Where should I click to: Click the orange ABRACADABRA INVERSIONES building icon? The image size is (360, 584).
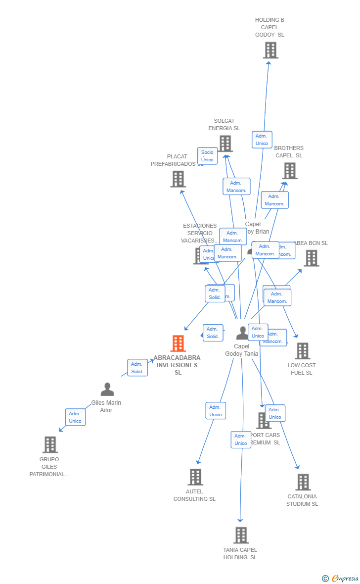178,343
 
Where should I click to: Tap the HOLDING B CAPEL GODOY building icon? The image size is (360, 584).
270,50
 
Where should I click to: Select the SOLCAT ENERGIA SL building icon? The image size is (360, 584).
225,144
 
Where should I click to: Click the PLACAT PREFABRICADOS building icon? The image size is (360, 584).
178,179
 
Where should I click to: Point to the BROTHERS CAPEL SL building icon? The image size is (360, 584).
290,171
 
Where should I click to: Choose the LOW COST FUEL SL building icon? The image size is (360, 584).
302,351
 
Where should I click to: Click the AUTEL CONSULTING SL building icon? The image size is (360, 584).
195,477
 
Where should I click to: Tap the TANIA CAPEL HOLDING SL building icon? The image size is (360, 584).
241,535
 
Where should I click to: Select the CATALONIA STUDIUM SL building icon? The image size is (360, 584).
303,482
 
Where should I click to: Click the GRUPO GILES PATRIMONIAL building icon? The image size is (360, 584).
50,444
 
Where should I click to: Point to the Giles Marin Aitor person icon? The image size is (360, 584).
107,389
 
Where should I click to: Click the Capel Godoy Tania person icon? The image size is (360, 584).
242,333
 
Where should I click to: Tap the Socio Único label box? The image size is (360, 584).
207,156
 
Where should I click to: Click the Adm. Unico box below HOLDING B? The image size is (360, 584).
262,140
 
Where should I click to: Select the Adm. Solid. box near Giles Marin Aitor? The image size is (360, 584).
137,368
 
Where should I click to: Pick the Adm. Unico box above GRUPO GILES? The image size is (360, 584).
75,417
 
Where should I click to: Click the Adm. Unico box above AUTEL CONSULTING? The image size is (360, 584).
216,411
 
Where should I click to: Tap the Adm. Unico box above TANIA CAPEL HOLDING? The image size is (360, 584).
241,439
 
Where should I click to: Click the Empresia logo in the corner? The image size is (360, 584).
341,578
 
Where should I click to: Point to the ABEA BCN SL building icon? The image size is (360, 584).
311,258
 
